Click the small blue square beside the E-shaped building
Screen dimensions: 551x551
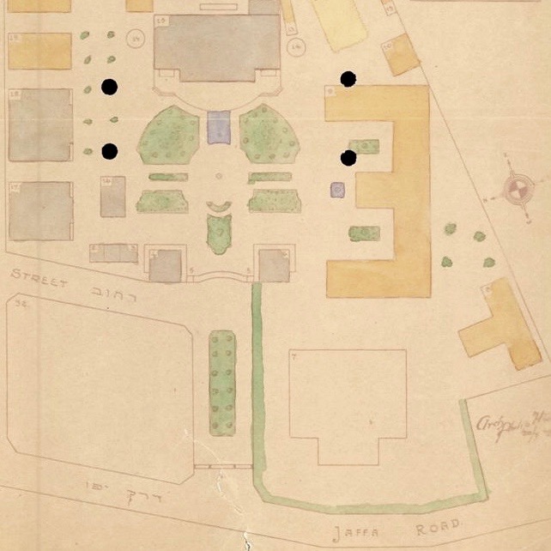point(337,189)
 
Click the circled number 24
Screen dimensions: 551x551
point(135,37)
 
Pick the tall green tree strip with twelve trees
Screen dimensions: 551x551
point(222,382)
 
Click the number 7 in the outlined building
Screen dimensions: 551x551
point(294,356)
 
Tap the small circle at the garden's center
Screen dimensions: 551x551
point(219,176)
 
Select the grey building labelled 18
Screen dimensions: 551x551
point(40,124)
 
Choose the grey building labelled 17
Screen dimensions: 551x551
point(40,211)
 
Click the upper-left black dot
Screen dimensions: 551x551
point(109,87)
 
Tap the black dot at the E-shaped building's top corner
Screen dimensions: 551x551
point(348,80)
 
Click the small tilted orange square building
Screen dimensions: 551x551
point(400,56)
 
